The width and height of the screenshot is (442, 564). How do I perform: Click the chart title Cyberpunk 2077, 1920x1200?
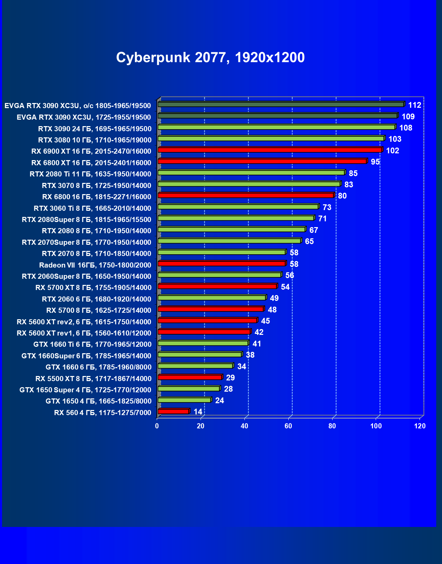pos(210,57)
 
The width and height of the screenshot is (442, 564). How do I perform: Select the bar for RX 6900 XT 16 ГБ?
pos(270,150)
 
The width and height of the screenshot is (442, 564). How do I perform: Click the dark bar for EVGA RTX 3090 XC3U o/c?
pos(281,104)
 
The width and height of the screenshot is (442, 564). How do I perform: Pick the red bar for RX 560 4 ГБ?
pos(173,411)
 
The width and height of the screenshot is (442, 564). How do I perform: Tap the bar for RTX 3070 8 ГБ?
pos(249,184)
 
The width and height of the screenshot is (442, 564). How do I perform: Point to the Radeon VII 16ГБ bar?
pos(221,263)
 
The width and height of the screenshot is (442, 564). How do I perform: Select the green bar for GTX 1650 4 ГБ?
pos(184,400)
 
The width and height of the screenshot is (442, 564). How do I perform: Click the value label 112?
pos(414,105)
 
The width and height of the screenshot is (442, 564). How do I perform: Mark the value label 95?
pos(375,162)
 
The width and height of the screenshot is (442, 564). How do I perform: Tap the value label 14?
pos(198,412)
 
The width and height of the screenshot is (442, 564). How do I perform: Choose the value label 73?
pos(327,207)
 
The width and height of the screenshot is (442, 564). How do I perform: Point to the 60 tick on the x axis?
pos(288,426)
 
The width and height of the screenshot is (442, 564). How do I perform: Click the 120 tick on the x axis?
pos(420,426)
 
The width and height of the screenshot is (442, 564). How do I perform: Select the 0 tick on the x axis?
pos(157,426)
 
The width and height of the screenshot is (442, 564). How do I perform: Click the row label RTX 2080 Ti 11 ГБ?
pos(90,174)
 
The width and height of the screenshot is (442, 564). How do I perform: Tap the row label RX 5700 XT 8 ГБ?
pos(93,288)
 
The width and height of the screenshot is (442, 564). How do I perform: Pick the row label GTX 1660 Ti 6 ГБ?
pos(92,344)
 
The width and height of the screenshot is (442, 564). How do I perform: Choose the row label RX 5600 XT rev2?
pos(84,322)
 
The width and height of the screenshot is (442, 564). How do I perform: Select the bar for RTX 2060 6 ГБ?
pos(211,297)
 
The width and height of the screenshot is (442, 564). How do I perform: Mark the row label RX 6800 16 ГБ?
pos(97,197)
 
